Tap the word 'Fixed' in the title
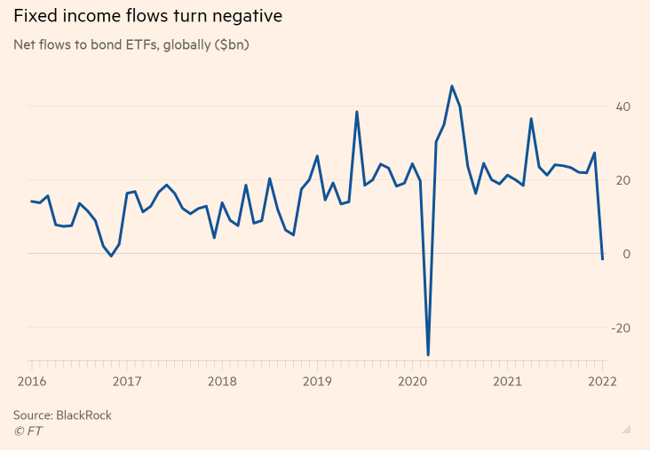(x=36, y=18)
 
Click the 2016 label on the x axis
(x=32, y=382)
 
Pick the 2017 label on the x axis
(x=127, y=382)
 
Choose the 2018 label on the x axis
(x=222, y=382)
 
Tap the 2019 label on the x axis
(x=317, y=382)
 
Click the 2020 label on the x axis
(x=412, y=382)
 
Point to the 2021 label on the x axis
(x=507, y=382)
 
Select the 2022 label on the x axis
(x=602, y=382)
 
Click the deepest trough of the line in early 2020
(x=428, y=355)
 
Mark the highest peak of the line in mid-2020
(x=452, y=86)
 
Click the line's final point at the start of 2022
(x=602, y=259)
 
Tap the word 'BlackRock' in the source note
(x=84, y=414)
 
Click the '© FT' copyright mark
(x=28, y=430)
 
